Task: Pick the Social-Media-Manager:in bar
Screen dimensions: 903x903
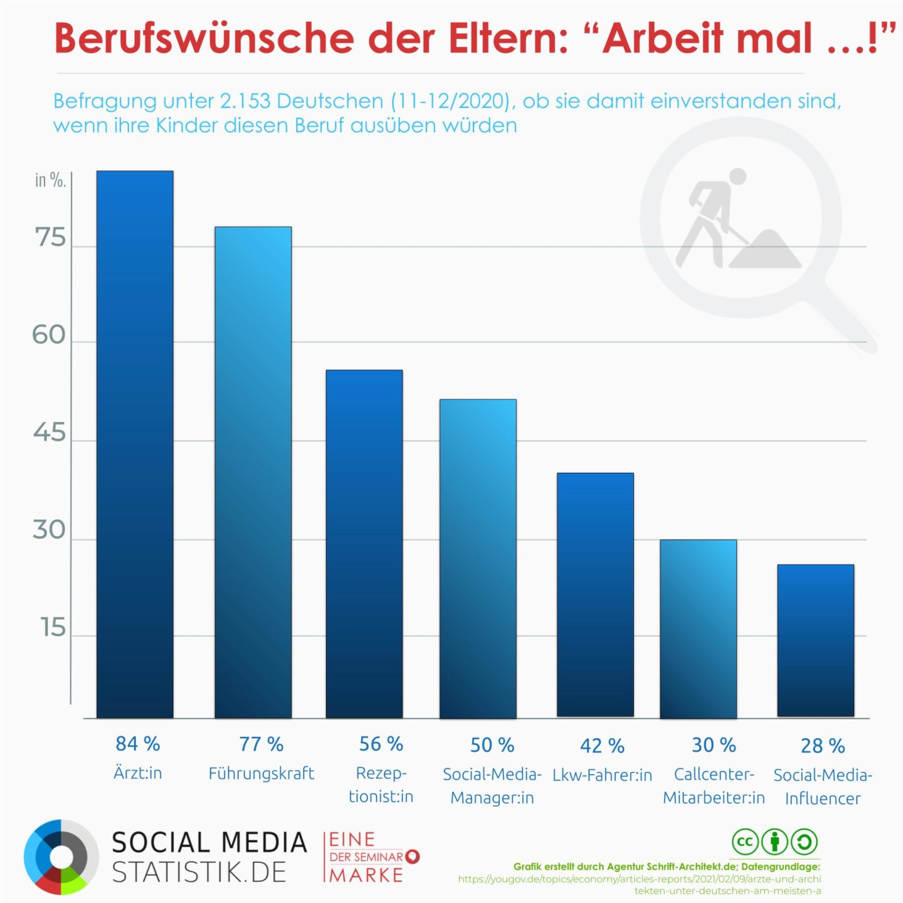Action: click(478, 558)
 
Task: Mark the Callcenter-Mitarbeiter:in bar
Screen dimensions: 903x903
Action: click(698, 628)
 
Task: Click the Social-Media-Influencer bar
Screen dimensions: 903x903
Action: click(815, 640)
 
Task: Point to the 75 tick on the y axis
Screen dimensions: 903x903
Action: click(50, 238)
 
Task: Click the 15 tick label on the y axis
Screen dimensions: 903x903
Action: click(53, 627)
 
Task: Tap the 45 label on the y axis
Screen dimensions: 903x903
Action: click(50, 433)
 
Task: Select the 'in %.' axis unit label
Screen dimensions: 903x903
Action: click(50, 181)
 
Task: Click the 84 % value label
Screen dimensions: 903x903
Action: click(138, 744)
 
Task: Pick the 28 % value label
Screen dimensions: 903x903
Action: click(823, 746)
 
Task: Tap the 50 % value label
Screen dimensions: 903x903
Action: click(492, 745)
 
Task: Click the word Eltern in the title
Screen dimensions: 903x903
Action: click(508, 38)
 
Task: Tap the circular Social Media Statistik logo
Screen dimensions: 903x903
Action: click(61, 857)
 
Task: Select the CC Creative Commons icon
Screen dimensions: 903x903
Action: click(745, 842)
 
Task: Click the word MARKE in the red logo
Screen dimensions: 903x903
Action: click(367, 875)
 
